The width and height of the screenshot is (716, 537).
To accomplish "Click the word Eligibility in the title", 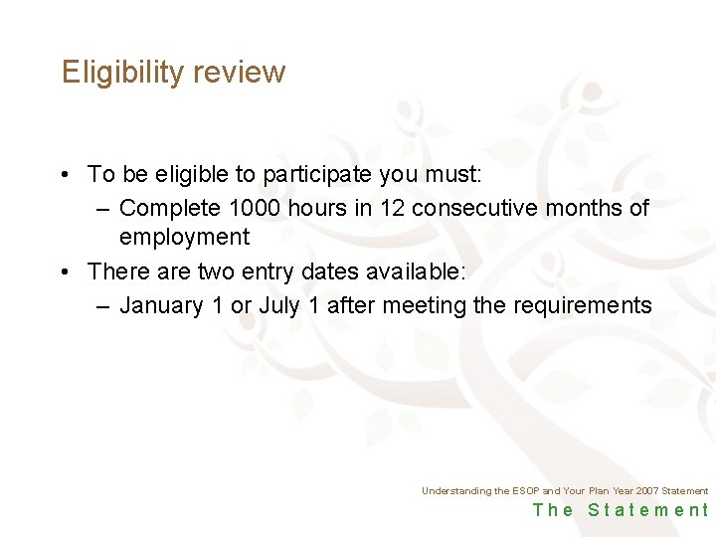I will coord(122,73).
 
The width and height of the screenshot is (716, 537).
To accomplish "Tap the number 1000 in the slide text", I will coord(261,209).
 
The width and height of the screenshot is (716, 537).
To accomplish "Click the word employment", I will coord(184,238).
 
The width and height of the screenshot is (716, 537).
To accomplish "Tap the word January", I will coord(162,305).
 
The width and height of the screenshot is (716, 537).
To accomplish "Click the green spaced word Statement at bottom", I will coord(648,510).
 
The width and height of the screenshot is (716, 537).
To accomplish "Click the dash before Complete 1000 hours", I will coord(104,209).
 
